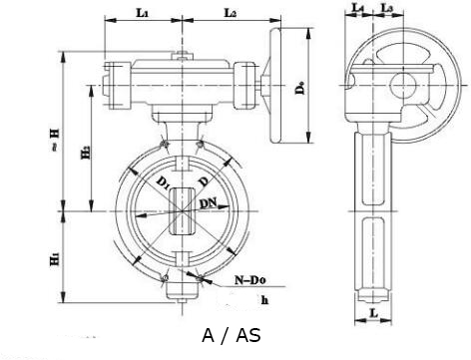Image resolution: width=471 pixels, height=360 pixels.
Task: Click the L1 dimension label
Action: [142, 13]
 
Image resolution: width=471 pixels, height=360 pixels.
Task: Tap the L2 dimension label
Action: [231, 13]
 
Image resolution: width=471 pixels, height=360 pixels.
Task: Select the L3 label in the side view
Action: [387, 8]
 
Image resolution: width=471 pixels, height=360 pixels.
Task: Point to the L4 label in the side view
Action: [358, 8]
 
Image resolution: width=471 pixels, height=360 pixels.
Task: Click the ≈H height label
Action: [55, 140]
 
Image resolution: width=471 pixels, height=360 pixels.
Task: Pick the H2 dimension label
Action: [86, 153]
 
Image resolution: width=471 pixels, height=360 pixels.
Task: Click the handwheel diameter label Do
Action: [300, 88]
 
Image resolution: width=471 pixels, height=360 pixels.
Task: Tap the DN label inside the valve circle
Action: [208, 202]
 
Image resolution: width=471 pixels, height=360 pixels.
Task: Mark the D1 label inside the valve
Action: [164, 183]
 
